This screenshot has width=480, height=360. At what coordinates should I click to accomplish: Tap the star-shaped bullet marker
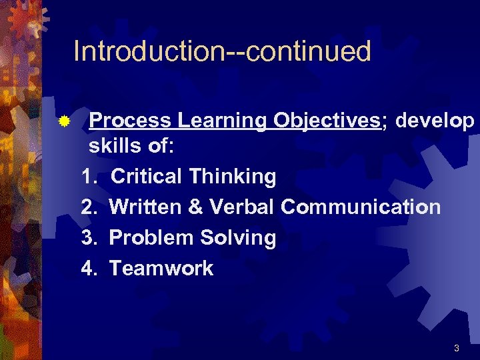pyautogui.click(x=63, y=122)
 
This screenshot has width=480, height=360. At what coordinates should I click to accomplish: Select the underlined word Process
pyautogui.click(x=131, y=120)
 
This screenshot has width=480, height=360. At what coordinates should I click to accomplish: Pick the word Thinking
pyautogui.click(x=232, y=177)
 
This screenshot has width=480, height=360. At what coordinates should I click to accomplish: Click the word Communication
pyautogui.click(x=360, y=207)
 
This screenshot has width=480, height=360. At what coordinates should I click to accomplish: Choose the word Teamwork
pyautogui.click(x=161, y=269)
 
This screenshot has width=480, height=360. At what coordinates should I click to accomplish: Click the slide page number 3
pyautogui.click(x=456, y=348)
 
